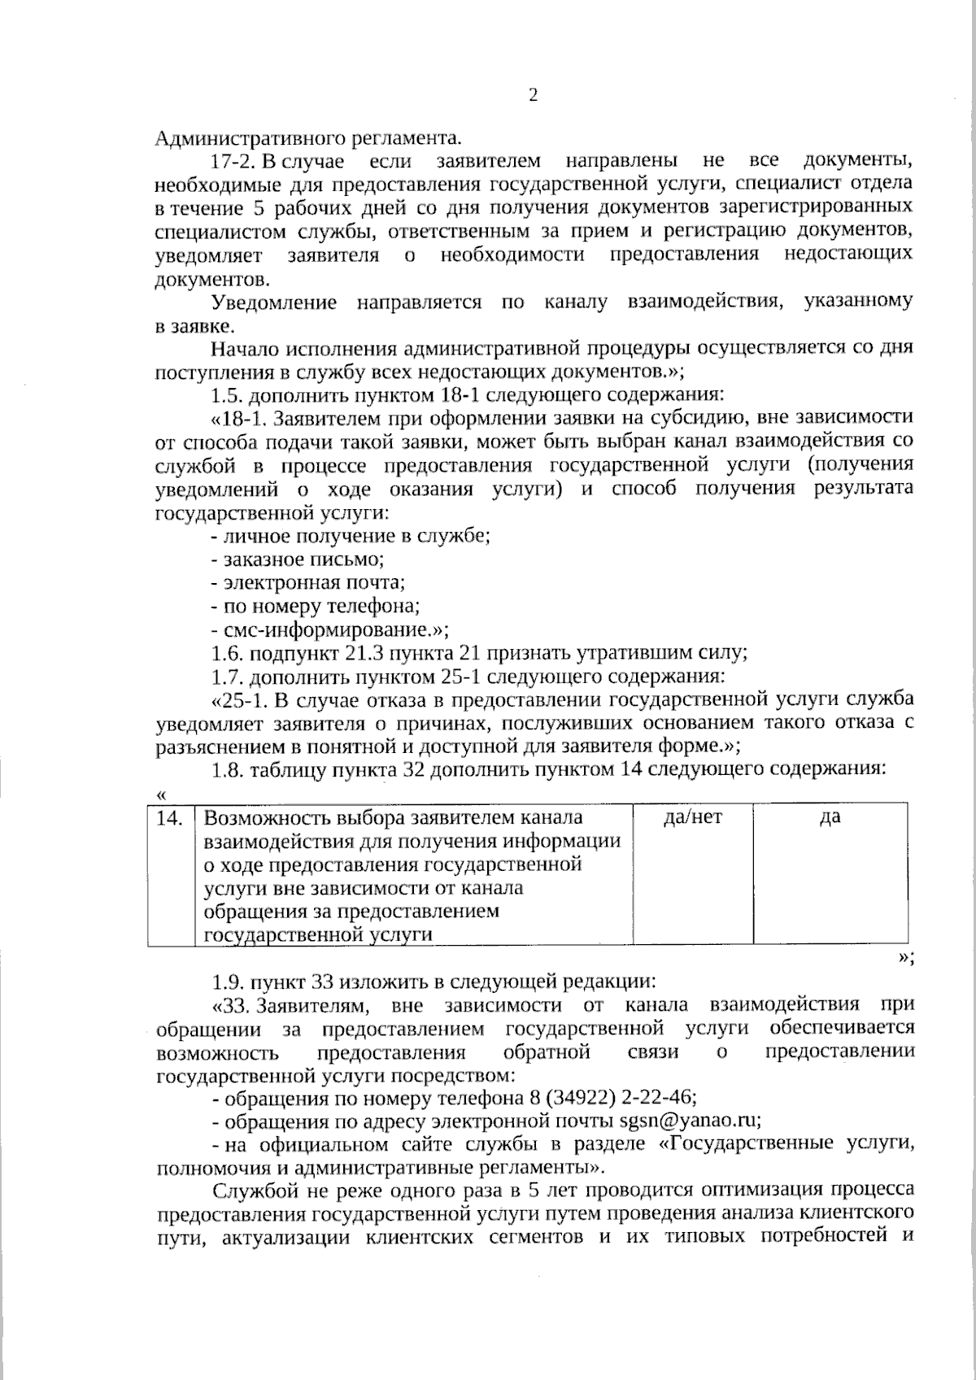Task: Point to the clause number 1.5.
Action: pos(226,396)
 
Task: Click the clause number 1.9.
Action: pos(226,981)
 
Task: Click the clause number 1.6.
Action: pos(226,653)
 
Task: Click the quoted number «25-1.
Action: pos(237,699)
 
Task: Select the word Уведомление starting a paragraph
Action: pos(273,303)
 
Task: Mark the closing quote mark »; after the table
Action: pos(905,957)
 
